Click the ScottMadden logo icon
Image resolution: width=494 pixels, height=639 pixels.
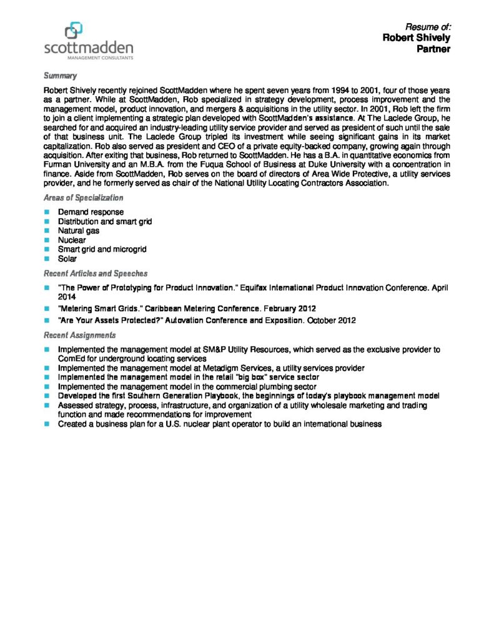(x=74, y=30)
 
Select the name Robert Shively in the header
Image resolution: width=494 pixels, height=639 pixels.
(x=416, y=37)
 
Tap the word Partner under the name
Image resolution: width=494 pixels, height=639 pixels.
(x=433, y=49)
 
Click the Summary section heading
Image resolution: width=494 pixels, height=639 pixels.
(x=60, y=76)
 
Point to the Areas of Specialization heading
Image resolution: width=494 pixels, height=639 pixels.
(x=83, y=198)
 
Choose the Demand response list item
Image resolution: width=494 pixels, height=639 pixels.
(x=91, y=212)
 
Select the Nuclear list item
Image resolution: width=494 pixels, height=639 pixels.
(x=72, y=240)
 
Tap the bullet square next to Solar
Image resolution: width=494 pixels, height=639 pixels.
(x=46, y=258)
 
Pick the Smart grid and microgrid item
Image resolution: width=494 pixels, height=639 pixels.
(x=102, y=249)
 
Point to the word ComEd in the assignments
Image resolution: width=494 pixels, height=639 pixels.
(x=71, y=359)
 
